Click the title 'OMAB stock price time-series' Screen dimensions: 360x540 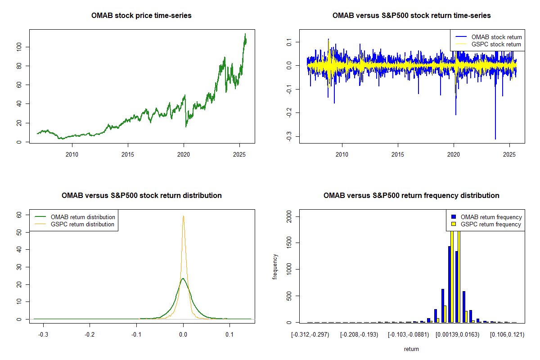coord(141,16)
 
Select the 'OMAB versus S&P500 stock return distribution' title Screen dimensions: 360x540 coord(141,196)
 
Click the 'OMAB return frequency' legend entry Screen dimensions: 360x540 coord(491,217)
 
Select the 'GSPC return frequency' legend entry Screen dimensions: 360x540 coord(490,224)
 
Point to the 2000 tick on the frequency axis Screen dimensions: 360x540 coord(291,217)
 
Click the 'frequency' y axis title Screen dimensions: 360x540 coord(275,266)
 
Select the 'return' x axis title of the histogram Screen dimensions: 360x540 coord(411,349)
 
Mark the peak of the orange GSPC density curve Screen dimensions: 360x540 coord(183,216)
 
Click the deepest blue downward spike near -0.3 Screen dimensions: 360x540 coord(495,139)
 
